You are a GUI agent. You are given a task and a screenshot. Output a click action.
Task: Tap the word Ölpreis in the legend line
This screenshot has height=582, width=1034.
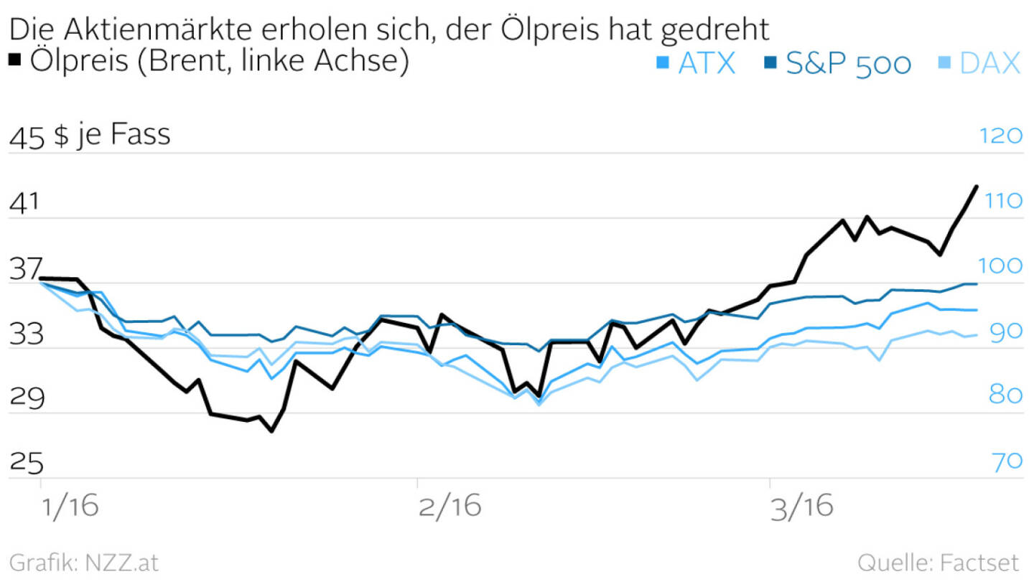[79, 61]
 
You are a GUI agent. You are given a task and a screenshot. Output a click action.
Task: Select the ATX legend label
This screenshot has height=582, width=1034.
[707, 63]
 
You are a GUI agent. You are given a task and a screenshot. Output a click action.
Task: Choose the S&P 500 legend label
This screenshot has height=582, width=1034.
[848, 63]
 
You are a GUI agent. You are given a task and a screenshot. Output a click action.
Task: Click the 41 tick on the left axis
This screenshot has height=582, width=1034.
[24, 204]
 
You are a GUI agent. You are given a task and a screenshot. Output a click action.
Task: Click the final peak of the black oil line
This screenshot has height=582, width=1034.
[976, 187]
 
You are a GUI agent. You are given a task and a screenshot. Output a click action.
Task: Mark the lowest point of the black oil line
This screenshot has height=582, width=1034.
[271, 431]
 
